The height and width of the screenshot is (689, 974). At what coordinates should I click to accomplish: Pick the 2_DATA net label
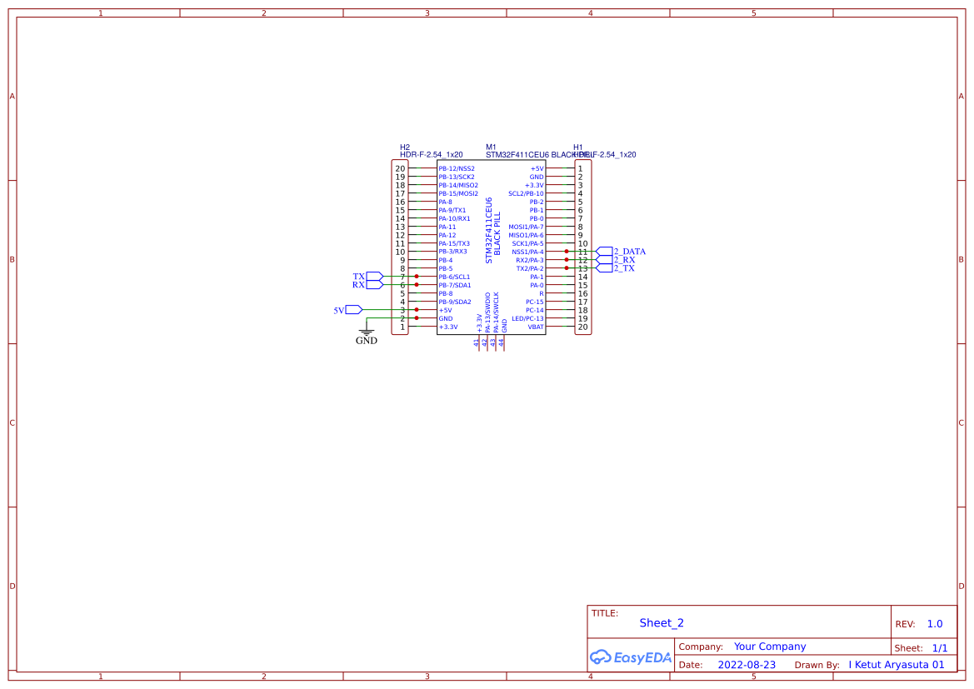tap(629, 252)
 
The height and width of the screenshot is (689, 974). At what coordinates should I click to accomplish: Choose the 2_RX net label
tap(624, 260)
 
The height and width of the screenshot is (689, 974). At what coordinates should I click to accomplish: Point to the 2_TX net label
tap(624, 268)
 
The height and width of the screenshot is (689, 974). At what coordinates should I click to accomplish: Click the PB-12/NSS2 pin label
tap(457, 169)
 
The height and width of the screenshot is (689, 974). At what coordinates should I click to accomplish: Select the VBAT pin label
tap(535, 327)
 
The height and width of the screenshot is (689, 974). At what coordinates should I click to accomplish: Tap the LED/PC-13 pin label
tap(527, 319)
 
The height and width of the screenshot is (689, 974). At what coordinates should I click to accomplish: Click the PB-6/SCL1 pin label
tap(454, 277)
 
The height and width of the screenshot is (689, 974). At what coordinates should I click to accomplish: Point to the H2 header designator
tap(405, 147)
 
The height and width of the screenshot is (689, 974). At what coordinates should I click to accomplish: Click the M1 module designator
tap(491, 147)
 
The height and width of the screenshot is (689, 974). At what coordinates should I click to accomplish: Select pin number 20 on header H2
tap(400, 169)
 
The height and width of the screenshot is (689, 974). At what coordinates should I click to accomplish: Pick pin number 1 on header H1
tap(581, 169)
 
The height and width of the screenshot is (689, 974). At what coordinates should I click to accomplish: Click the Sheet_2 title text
tap(662, 623)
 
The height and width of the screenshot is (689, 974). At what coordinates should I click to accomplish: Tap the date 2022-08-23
tap(747, 665)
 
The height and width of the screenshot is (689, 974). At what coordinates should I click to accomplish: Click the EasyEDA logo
tap(631, 657)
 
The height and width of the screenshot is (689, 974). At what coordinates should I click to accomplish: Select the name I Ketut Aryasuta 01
tap(897, 665)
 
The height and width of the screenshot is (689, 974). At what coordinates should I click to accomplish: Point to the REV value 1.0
tap(935, 624)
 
